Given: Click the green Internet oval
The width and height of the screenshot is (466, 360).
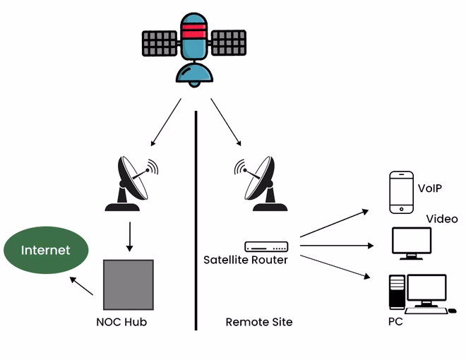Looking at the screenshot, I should click(46, 250).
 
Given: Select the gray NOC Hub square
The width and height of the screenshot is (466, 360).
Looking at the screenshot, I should click(128, 284).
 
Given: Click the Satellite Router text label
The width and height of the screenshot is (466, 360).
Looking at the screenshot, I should click(245, 260).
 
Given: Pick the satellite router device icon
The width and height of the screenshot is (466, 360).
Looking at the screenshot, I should click(266, 246).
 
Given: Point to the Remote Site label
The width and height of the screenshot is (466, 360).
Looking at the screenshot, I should click(258, 322).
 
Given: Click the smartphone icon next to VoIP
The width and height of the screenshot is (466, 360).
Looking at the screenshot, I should click(401, 191).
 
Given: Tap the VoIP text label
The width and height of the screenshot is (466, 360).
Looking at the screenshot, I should click(431, 188).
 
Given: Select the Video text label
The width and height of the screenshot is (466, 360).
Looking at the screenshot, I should click(441, 219).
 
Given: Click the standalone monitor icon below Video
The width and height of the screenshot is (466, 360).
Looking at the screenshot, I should click(411, 242).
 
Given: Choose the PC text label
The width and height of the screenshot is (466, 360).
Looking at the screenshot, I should click(395, 322).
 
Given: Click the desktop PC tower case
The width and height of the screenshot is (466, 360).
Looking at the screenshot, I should click(397, 292).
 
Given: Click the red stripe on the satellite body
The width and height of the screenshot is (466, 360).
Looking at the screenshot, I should click(193, 29).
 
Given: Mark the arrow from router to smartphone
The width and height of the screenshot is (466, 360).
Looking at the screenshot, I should click(333, 223).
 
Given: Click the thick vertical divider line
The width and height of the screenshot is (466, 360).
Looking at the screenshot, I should click(196, 219).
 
